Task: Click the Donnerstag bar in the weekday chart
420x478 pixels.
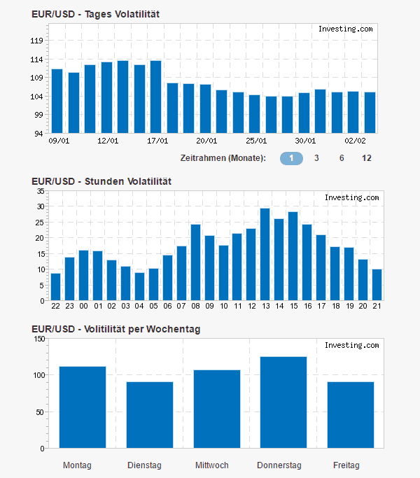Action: coord(283,402)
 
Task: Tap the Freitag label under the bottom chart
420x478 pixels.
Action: coord(346,465)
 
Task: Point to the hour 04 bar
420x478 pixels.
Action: coord(140,287)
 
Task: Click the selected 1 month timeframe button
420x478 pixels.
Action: coord(291,158)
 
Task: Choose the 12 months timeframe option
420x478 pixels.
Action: coord(367,158)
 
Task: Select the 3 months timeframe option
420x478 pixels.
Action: coord(316,158)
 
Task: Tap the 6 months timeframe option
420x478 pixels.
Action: coord(342,158)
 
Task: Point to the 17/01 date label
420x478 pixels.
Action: coord(156,140)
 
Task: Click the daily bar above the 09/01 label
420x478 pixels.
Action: coord(57,101)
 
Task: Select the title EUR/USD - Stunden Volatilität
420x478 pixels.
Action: coord(101,181)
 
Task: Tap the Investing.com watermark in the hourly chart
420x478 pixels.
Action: coord(351,198)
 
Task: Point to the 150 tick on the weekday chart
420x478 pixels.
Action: coord(39,339)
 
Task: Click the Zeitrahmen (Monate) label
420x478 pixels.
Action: coord(223,158)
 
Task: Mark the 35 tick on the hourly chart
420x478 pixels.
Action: coord(40,190)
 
